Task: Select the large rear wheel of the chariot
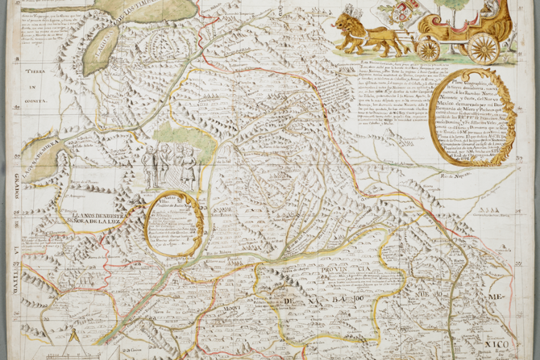484,47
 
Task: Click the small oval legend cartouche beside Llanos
173,224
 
